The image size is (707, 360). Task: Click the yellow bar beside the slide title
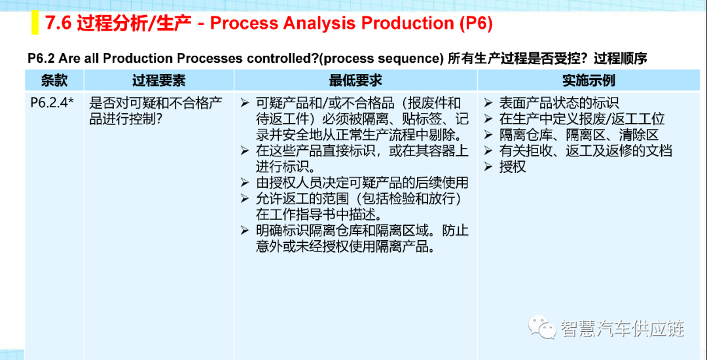pyautogui.click(x=35, y=23)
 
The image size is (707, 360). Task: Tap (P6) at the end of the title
pyautogui.click(x=476, y=24)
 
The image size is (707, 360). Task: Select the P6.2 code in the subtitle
pyautogui.click(x=41, y=58)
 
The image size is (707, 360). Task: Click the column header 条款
pyautogui.click(x=54, y=81)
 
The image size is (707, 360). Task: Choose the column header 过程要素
pyautogui.click(x=158, y=81)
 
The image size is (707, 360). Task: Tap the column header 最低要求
pyautogui.click(x=355, y=81)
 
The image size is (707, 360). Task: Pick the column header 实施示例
pyautogui.click(x=589, y=81)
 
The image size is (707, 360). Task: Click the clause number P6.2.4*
pyautogui.click(x=52, y=103)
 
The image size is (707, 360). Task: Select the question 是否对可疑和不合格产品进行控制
pyautogui.click(x=156, y=111)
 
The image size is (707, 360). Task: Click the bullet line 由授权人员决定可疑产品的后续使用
pyautogui.click(x=355, y=183)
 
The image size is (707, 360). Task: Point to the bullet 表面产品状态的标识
pyautogui.click(x=552, y=103)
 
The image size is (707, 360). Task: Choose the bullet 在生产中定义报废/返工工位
pyautogui.click(x=575, y=118)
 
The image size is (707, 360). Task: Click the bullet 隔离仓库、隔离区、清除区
pyautogui.click(x=571, y=135)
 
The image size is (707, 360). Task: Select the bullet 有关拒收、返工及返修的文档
pyautogui.click(x=579, y=151)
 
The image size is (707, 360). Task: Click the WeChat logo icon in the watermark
pyautogui.click(x=541, y=326)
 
